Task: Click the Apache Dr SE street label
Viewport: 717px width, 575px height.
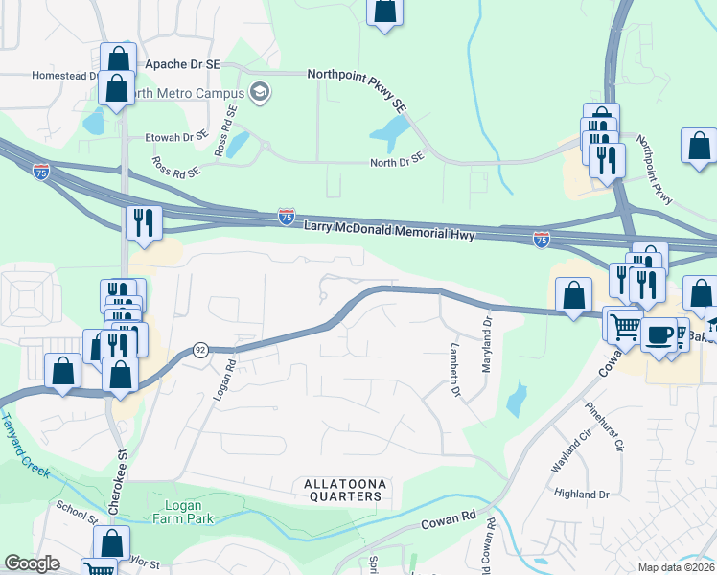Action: pyautogui.click(x=182, y=63)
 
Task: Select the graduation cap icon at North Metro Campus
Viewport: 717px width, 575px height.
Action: pyautogui.click(x=259, y=92)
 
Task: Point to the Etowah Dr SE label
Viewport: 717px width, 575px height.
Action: pyautogui.click(x=176, y=137)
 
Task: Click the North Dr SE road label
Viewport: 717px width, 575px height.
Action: pyautogui.click(x=397, y=163)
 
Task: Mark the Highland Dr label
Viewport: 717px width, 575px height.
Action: pyautogui.click(x=583, y=494)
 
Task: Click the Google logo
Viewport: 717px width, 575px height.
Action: pyautogui.click(x=33, y=563)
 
